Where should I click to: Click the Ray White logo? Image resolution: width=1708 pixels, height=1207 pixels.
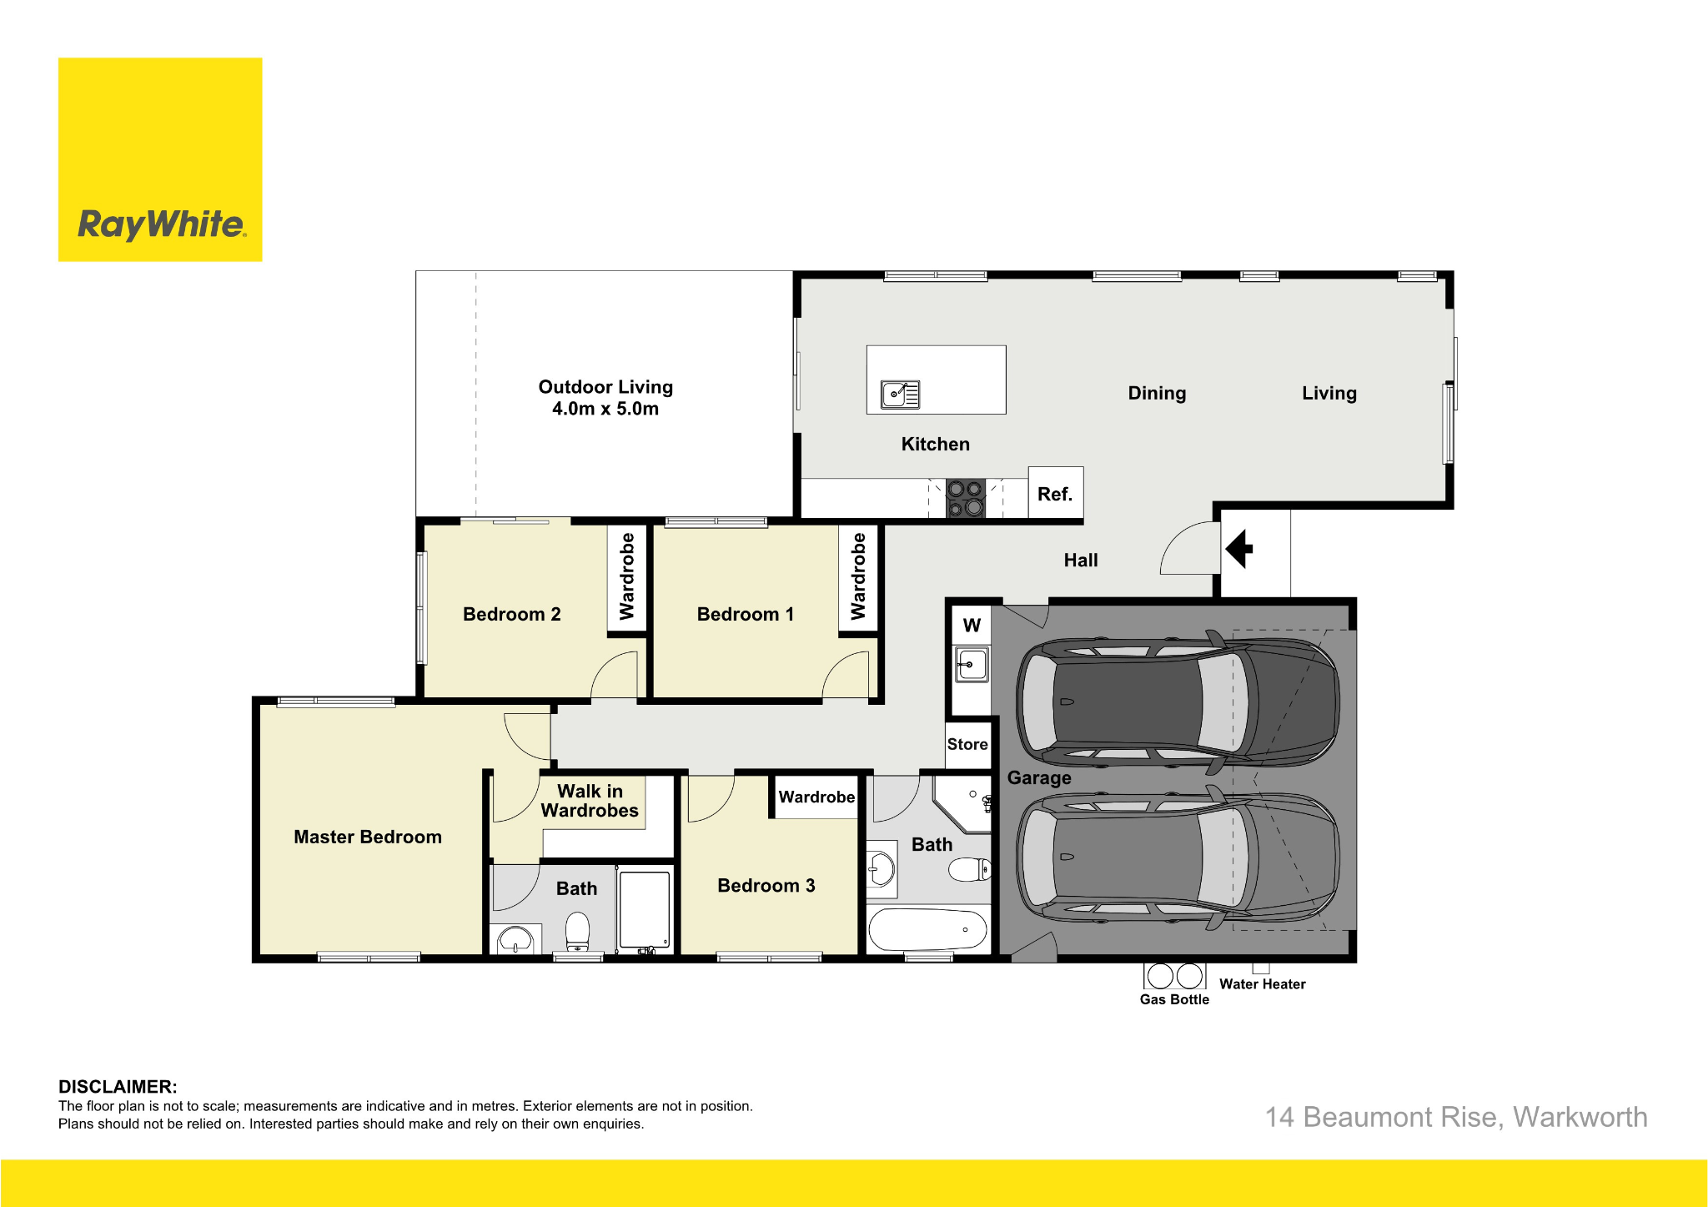coord(160,159)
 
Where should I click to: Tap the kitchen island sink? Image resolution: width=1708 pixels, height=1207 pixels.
coord(900,394)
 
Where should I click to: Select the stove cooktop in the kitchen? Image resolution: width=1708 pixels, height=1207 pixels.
coord(966,498)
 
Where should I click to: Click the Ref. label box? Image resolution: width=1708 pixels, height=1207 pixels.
coord(1055,494)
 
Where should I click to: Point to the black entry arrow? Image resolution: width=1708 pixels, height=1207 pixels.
coord(1239,549)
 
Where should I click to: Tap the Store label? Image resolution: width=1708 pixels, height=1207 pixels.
coord(967,744)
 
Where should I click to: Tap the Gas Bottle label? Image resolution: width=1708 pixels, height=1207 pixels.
coord(1174,999)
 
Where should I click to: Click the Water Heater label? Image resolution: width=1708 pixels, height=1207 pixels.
coord(1263,984)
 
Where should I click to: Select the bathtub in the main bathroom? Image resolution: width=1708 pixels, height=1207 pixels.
coord(927,929)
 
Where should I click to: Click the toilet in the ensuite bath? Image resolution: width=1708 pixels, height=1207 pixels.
coord(577,932)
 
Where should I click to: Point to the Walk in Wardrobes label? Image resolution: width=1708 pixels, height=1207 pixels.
coord(590,801)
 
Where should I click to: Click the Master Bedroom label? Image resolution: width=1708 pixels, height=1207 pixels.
coord(368,837)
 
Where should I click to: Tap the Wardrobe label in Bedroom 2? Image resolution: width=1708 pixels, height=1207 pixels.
coord(627,576)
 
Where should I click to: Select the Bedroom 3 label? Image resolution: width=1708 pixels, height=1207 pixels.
coord(766,886)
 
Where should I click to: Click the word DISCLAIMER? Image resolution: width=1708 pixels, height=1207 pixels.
coord(118,1087)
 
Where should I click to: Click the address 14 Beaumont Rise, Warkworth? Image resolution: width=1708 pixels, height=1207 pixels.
coord(1456,1117)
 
